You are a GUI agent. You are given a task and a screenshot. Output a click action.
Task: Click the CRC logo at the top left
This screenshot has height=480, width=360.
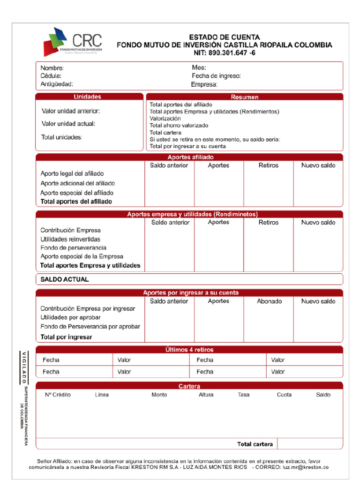click(x=73, y=42)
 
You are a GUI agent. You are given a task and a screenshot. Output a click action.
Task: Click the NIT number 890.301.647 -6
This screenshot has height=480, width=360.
click(x=225, y=53)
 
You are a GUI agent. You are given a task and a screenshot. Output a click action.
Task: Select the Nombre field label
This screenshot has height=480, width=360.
click(x=52, y=68)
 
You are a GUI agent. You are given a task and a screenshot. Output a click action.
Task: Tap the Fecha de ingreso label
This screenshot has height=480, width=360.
click(x=216, y=76)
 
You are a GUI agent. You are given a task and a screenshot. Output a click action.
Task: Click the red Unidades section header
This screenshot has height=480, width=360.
click(x=87, y=97)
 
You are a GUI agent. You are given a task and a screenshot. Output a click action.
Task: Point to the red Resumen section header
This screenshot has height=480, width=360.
click(x=244, y=97)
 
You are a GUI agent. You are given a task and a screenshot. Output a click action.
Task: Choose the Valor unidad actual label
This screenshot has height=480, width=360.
click(x=68, y=124)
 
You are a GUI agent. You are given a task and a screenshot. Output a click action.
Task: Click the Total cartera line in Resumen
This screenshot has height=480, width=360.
click(x=165, y=133)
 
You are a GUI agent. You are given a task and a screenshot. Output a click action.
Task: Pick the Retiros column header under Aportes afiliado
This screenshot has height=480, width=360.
click(x=268, y=165)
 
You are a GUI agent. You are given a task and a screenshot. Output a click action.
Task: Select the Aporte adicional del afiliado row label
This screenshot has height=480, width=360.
click(x=77, y=183)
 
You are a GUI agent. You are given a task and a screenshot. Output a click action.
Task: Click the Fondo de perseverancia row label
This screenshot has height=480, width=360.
click(x=73, y=247)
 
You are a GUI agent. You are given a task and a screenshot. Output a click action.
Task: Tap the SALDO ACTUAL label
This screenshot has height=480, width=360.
click(x=64, y=279)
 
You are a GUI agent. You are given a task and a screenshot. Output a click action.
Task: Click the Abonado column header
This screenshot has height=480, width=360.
click(x=269, y=301)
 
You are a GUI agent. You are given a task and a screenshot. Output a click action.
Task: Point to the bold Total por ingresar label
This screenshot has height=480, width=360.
click(x=66, y=337)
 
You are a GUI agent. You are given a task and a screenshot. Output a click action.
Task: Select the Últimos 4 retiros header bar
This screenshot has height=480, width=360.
click(x=189, y=350)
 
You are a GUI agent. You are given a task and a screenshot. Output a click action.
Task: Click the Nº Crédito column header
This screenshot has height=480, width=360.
click(x=58, y=395)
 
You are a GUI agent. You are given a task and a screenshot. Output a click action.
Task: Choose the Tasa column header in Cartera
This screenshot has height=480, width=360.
click(x=243, y=395)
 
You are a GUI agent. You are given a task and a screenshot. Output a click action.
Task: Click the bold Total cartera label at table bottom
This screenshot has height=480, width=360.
click(x=255, y=444)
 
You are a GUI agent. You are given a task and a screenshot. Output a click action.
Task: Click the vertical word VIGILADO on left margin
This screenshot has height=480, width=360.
click(x=22, y=367)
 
